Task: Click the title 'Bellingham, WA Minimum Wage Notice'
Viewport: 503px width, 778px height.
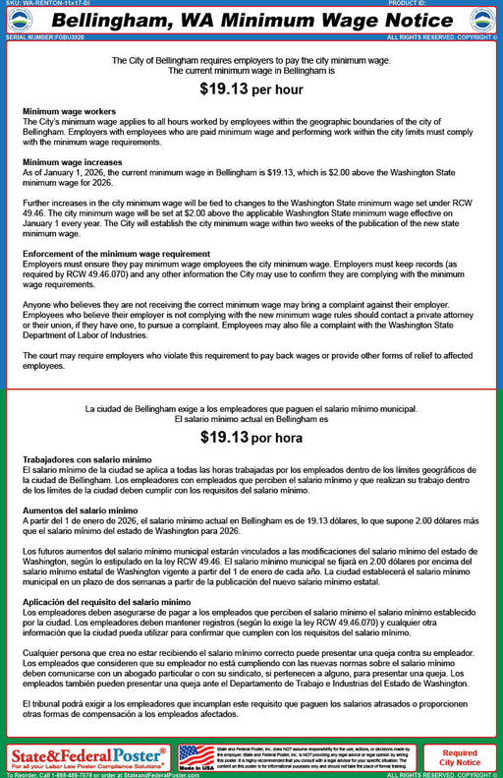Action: pos(251,20)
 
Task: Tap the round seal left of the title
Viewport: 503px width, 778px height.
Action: pos(20,20)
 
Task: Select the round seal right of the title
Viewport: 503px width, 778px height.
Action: pos(482,20)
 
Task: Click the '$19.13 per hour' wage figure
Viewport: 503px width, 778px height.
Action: pos(251,89)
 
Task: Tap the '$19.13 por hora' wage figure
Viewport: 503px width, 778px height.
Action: pos(251,438)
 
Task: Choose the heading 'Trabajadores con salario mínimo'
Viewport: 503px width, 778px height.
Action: pos(86,459)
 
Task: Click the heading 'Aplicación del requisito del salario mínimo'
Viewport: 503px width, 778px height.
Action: pos(106,601)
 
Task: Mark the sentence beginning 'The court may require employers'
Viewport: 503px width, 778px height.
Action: pos(251,360)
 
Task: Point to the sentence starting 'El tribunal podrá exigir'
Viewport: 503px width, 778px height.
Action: pos(251,710)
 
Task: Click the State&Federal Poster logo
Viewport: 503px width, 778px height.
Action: pos(88,757)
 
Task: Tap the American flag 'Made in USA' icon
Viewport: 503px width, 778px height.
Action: pos(196,756)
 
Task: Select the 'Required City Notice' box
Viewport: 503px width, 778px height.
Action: pos(459,757)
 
